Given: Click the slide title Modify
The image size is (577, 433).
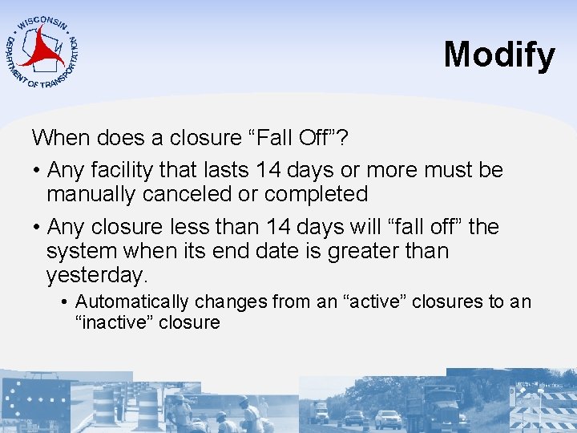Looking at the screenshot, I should (x=498, y=55).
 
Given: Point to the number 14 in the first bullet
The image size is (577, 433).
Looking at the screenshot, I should (x=265, y=170).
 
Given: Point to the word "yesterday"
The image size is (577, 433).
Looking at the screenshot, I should (x=95, y=275).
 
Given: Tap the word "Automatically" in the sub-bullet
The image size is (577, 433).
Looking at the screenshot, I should (x=131, y=301).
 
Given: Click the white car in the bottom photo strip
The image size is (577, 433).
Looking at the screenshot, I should (x=388, y=419).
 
